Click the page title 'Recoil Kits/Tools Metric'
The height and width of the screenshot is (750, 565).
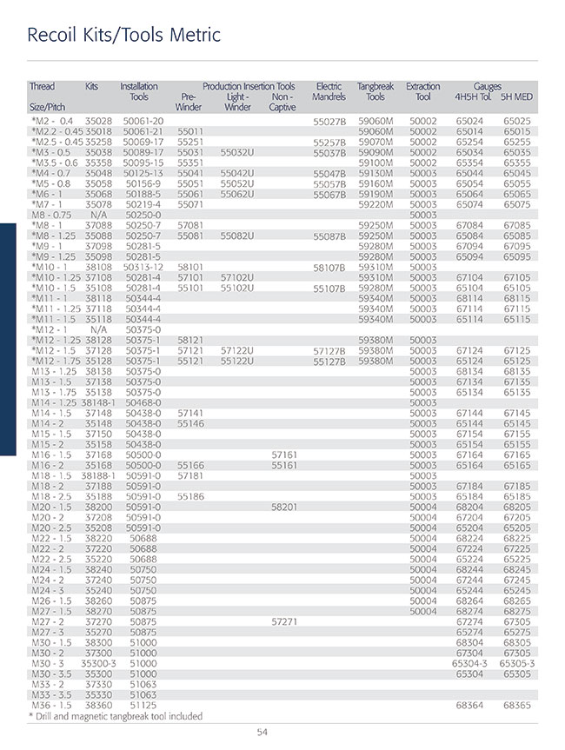(x=124, y=36)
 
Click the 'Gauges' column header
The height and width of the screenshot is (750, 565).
(x=488, y=86)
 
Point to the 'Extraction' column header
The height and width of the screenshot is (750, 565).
(x=423, y=86)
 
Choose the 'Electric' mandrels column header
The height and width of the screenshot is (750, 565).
(x=329, y=86)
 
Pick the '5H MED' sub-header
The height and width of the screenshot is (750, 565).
(x=516, y=96)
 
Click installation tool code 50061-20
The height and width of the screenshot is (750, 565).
(x=143, y=120)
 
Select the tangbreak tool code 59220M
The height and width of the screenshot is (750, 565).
(x=376, y=204)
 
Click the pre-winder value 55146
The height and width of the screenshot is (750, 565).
(x=190, y=422)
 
